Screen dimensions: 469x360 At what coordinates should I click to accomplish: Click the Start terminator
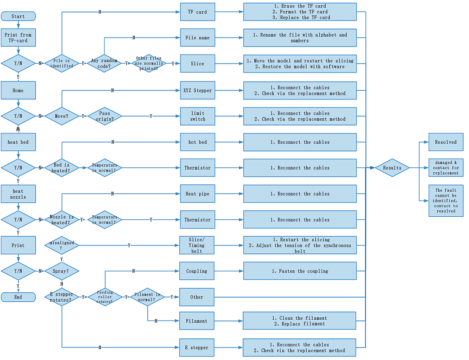click(18, 17)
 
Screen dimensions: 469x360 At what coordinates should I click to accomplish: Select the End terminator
click(18, 297)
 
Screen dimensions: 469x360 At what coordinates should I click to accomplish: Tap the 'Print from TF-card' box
click(18, 38)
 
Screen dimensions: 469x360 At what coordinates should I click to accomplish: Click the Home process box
click(18, 90)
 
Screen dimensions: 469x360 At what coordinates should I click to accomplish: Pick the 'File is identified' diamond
click(62, 64)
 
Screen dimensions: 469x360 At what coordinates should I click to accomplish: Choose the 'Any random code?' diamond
click(104, 64)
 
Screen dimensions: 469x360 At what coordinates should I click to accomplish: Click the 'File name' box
click(198, 38)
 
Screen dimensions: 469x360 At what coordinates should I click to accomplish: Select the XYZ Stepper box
click(198, 90)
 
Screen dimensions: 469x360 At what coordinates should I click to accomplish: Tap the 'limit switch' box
click(198, 116)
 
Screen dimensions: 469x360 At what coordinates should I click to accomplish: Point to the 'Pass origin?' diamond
click(104, 116)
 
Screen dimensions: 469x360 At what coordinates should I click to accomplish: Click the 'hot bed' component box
click(198, 142)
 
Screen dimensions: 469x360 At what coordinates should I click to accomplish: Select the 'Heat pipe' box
click(198, 194)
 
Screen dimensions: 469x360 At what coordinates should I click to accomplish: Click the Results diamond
click(392, 168)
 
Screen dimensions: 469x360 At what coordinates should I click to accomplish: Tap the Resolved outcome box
click(446, 142)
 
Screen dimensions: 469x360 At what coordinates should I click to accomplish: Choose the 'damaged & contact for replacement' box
click(446, 168)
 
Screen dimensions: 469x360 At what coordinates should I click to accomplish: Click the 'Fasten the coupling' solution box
click(300, 271)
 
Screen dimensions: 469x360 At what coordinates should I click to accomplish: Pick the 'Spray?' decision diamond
click(62, 271)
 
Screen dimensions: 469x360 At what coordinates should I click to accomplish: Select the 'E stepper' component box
click(197, 347)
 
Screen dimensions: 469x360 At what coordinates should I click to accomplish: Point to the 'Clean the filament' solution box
click(299, 321)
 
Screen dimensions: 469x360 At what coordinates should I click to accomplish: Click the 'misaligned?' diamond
click(62, 245)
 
